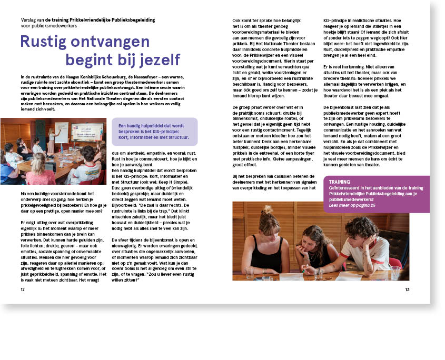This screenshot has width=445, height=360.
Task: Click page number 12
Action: [22, 289]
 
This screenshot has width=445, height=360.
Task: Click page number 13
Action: [407, 289]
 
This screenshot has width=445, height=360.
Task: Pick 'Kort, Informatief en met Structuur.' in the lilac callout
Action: [153, 137]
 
